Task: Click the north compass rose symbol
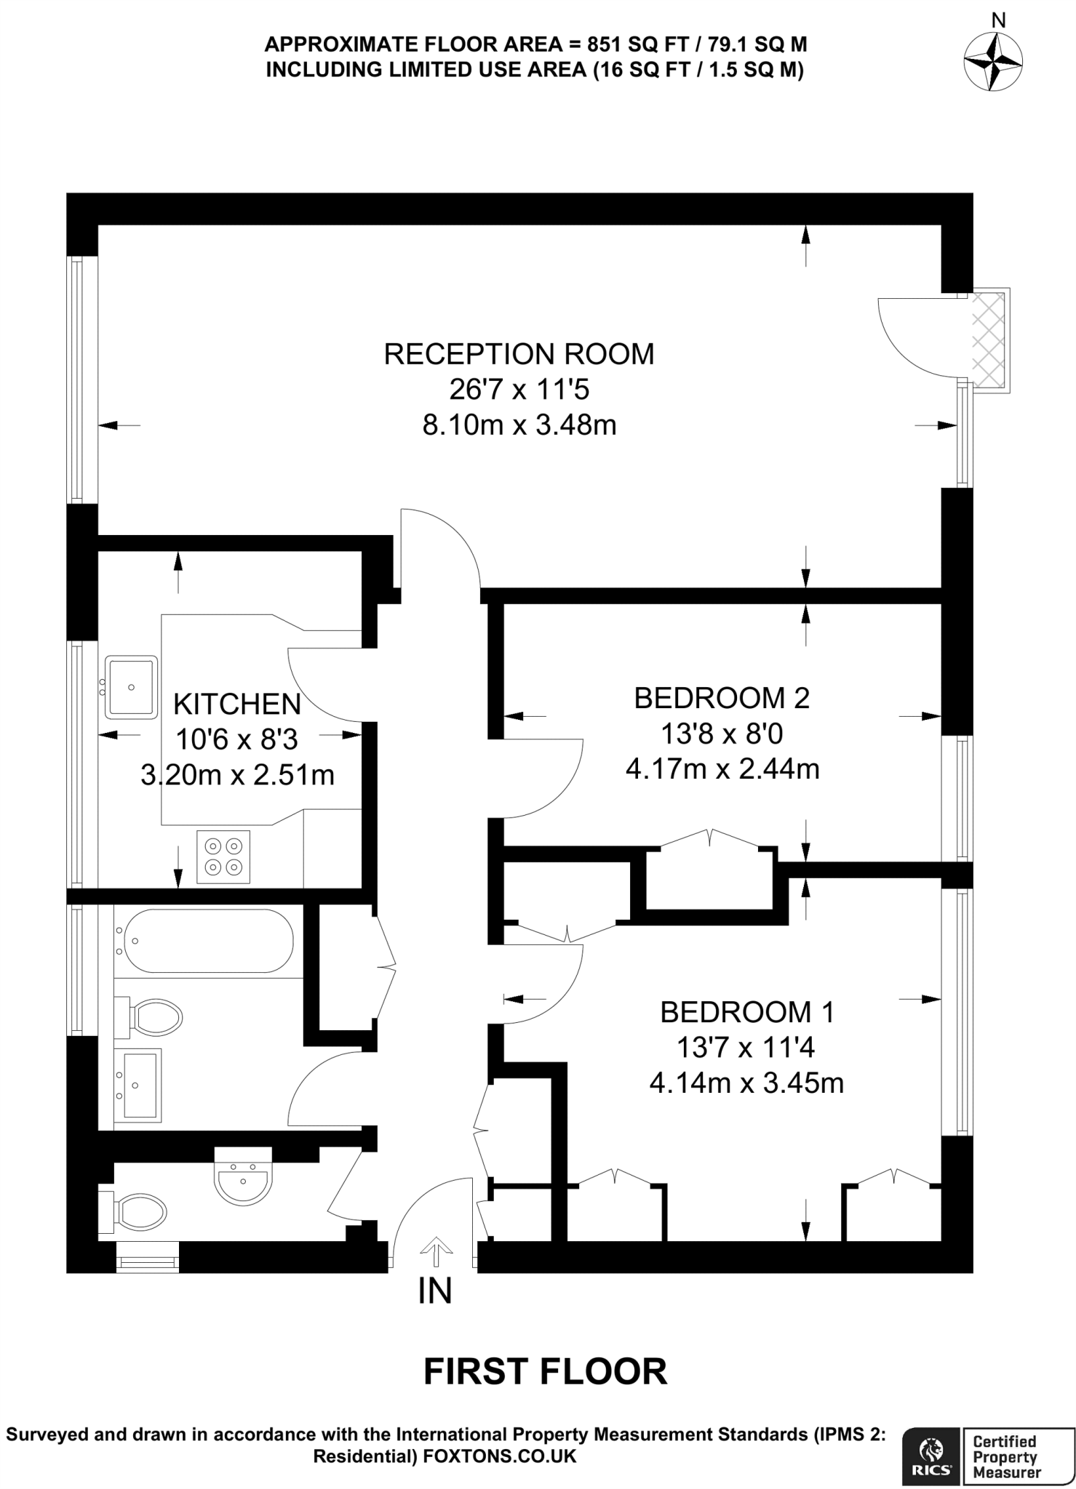(x=993, y=62)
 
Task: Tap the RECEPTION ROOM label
(x=519, y=354)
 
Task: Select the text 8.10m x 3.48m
(x=519, y=425)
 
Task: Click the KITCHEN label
(x=236, y=704)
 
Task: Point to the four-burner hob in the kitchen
(x=223, y=856)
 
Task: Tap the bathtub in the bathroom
(x=208, y=941)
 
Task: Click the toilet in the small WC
(x=135, y=1212)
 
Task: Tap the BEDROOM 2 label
(x=721, y=698)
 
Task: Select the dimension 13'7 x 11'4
(x=745, y=1048)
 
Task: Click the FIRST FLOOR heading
(x=545, y=1371)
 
